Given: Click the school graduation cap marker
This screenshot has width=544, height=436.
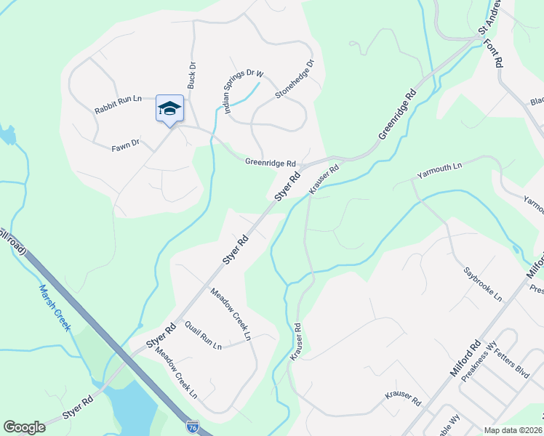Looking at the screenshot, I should point(169,109).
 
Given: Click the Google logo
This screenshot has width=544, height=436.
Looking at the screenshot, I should point(25,427).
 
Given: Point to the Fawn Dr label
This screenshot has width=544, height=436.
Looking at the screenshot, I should point(125,147).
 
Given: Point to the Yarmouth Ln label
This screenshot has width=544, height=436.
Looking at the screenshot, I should point(439,171).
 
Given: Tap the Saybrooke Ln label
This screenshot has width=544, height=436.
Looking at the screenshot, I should point(483,283).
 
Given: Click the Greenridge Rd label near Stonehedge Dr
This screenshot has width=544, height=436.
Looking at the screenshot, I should point(270,163).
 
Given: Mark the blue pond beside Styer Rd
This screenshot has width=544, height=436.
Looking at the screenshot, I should point(131,407).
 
